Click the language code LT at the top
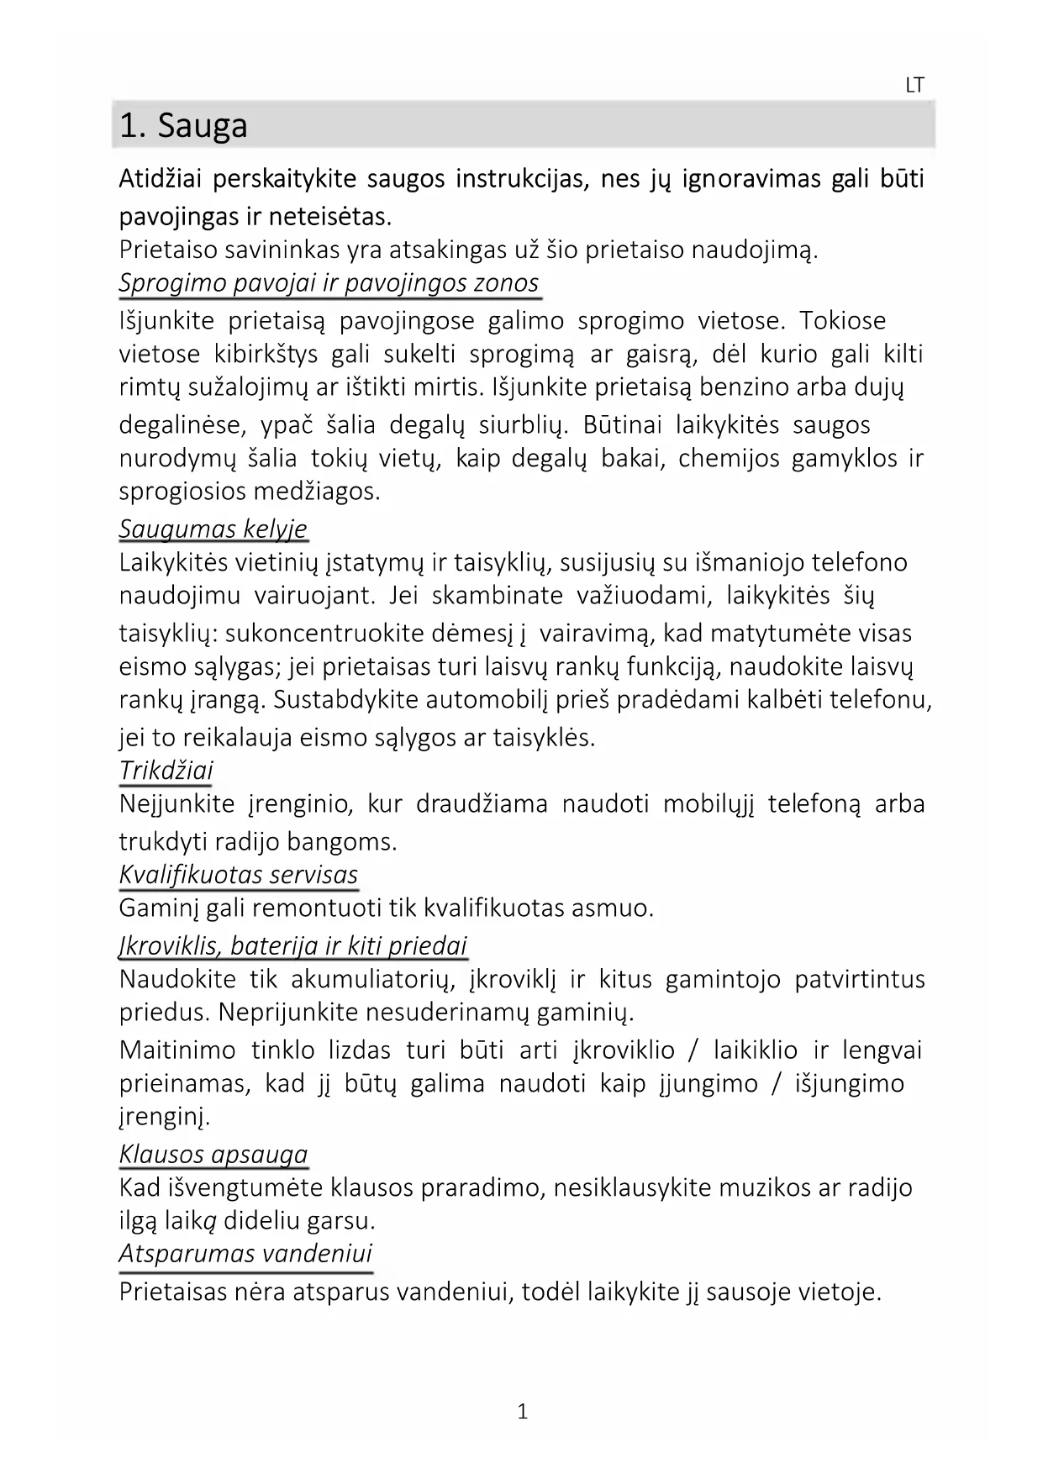[914, 85]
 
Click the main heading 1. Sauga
[183, 126]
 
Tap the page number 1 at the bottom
[522, 1411]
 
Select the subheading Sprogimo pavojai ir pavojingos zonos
[329, 282]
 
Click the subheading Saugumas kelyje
[213, 529]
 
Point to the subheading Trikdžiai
[166, 770]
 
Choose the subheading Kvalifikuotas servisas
[239, 874]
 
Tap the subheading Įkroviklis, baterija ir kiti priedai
[293, 945]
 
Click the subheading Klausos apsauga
[213, 1154]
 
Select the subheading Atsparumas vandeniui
[245, 1253]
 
